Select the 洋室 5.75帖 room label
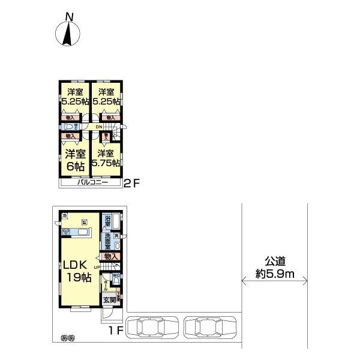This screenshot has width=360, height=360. click(106, 158)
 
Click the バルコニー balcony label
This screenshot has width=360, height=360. click(92, 183)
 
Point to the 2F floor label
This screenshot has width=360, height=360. click(131, 184)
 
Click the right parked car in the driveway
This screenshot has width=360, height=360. click(212, 328)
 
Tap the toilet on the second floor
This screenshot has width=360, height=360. click(70, 127)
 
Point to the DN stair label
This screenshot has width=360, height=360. click(98, 127)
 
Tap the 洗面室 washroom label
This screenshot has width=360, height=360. click(107, 241)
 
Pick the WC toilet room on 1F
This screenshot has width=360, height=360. click(116, 276)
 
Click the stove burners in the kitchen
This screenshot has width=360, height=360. click(83, 220)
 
